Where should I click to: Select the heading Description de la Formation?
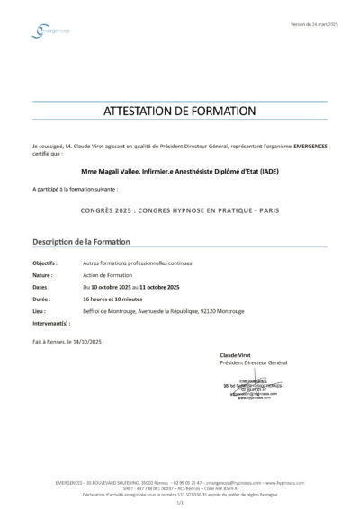point(81,242)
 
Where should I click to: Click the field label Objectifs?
point(45,263)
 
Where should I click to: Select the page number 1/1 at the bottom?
point(180,499)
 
